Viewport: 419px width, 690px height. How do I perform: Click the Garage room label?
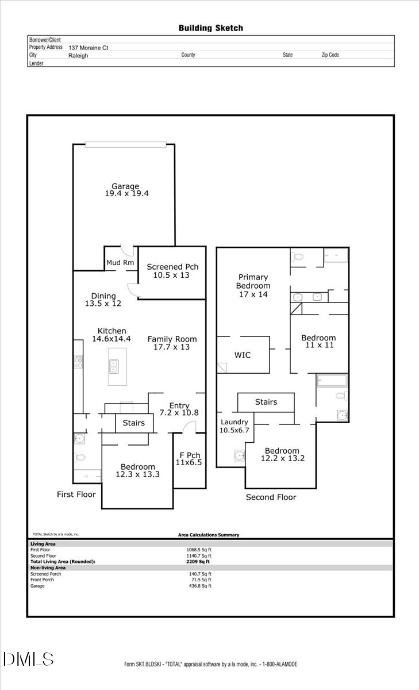125,186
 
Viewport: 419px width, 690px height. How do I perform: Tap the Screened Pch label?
172,267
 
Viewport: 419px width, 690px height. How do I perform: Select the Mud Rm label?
120,263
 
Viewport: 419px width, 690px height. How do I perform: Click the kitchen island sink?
113,366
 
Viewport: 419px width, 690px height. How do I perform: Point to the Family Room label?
172,339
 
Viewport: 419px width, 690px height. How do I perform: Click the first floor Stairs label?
134,423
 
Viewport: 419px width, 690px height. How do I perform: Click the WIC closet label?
243,355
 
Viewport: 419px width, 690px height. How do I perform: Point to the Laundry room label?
235,422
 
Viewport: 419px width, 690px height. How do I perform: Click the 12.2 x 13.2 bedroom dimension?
282,458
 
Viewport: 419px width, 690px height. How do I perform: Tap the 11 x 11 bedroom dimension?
318,346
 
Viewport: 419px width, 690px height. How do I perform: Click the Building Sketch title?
210,28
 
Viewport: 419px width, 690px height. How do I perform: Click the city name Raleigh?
78,56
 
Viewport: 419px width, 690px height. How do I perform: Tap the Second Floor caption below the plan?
271,497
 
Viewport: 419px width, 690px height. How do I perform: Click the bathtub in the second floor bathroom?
332,381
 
